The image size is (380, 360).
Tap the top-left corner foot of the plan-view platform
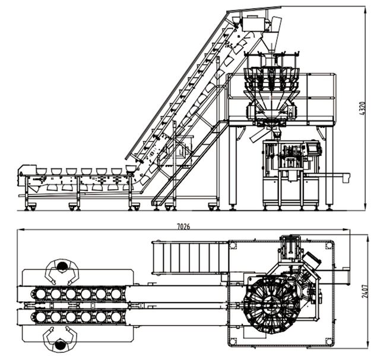[233, 245]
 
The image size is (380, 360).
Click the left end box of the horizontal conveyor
[27, 171]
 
